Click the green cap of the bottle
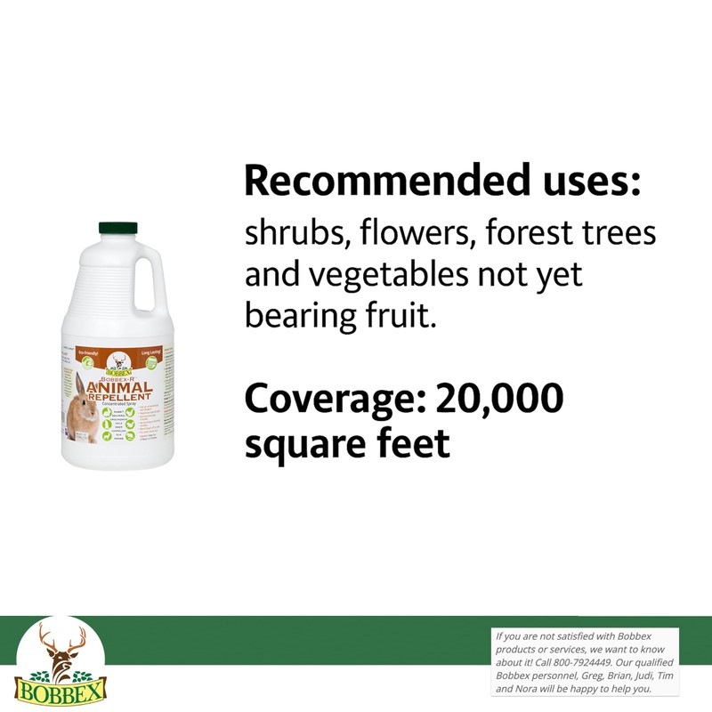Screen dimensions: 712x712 [x=117, y=229]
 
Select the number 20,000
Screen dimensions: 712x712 [x=499, y=398]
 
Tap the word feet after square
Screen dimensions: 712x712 [x=410, y=442]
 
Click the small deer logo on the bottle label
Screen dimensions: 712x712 [x=117, y=362]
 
